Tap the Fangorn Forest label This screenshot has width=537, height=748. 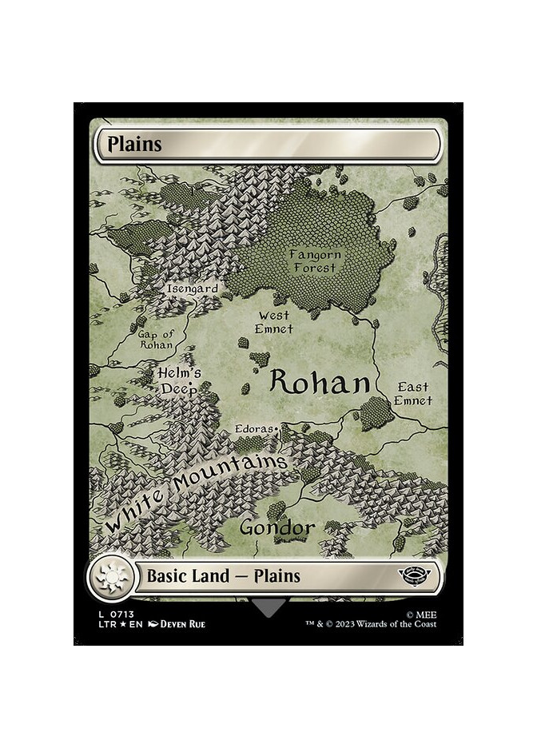315,261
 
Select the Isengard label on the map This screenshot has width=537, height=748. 192,288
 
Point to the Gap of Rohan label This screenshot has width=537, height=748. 155,340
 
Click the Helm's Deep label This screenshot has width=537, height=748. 179,380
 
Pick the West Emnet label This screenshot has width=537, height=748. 274,322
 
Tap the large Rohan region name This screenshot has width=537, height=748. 320,383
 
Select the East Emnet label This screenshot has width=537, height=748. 414,394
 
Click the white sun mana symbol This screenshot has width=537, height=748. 110,575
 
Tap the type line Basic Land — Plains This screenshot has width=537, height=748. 223,575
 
